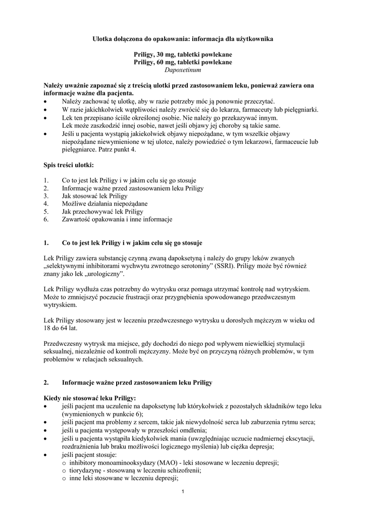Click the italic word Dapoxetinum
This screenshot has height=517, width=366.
183,71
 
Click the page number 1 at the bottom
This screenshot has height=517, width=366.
183,492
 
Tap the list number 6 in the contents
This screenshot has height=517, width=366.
46,220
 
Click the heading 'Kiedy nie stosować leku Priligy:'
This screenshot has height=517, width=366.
90,398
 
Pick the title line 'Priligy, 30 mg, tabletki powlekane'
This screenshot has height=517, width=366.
183,55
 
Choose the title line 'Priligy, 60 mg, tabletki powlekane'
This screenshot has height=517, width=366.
183,63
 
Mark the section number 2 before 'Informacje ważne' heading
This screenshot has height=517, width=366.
46,383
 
